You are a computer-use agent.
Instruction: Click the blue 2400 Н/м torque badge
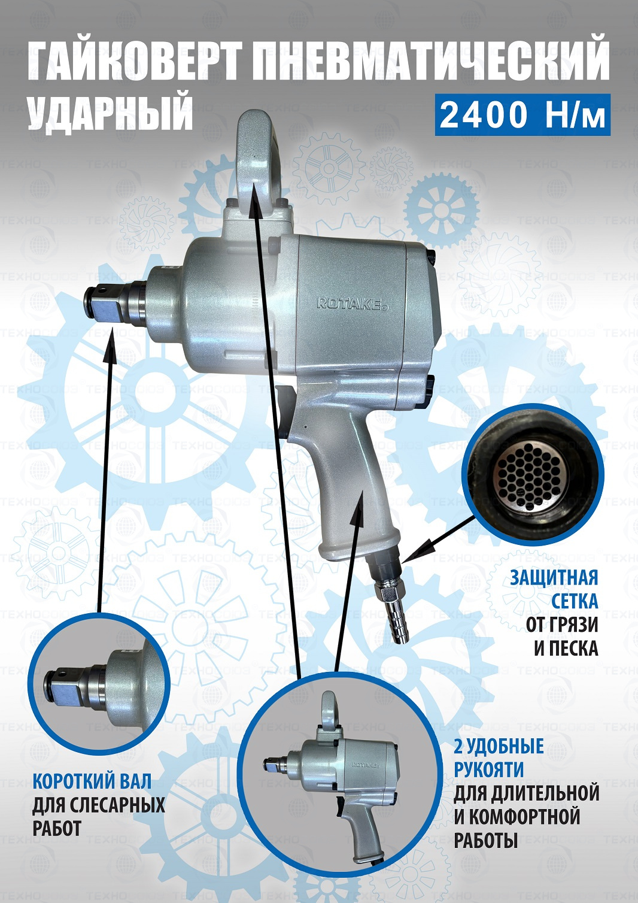(x=522, y=115)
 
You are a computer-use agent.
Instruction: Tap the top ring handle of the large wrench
(x=259, y=157)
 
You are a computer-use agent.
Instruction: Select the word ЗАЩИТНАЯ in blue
(x=554, y=577)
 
